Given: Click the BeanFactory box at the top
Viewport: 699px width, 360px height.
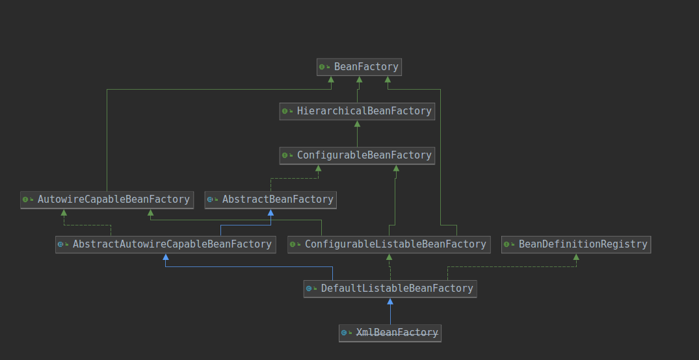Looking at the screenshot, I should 359,67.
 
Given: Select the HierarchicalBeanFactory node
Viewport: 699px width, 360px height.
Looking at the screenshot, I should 357,111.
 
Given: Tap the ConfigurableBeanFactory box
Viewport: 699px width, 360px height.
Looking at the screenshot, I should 357,155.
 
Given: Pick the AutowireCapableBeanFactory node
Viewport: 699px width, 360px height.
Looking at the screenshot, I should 107,199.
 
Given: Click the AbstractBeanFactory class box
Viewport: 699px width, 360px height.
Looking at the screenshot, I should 270,199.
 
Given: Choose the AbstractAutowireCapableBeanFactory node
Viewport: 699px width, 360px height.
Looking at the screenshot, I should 166,244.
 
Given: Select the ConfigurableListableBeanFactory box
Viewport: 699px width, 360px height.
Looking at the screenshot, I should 389,244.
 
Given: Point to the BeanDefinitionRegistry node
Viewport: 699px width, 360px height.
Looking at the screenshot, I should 576,244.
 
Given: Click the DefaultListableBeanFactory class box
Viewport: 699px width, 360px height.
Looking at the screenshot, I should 390,289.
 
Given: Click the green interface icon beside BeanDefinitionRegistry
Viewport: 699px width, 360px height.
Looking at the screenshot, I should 507,244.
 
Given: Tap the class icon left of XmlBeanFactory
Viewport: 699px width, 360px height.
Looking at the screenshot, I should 345,333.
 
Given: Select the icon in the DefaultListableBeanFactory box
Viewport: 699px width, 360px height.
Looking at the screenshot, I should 310,289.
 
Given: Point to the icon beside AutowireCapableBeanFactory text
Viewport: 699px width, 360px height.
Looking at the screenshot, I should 26,199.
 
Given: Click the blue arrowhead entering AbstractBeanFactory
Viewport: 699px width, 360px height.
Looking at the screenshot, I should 270,213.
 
